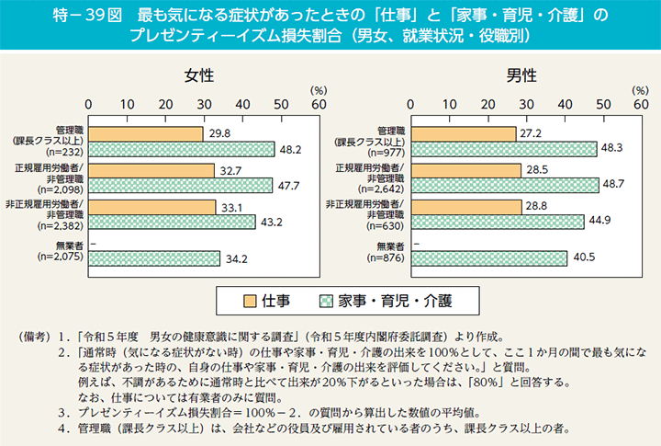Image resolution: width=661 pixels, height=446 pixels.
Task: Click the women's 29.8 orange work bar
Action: [145, 134]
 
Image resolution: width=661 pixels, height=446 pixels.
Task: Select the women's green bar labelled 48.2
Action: [181, 150]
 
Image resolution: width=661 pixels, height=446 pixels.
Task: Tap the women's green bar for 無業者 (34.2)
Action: [153, 258]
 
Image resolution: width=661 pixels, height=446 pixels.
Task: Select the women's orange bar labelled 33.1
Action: [151, 206]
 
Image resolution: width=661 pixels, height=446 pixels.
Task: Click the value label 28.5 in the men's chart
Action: [537, 170]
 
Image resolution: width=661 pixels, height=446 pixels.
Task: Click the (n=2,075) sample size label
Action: [58, 258]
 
